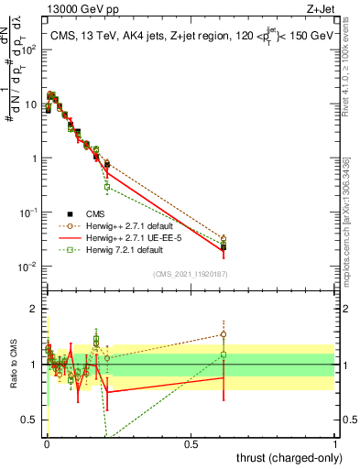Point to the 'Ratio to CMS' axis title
(x=12, y=366)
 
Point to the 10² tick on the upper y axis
(x=28, y=50)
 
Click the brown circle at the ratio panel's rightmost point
(x=224, y=334)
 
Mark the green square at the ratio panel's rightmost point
(x=224, y=354)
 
